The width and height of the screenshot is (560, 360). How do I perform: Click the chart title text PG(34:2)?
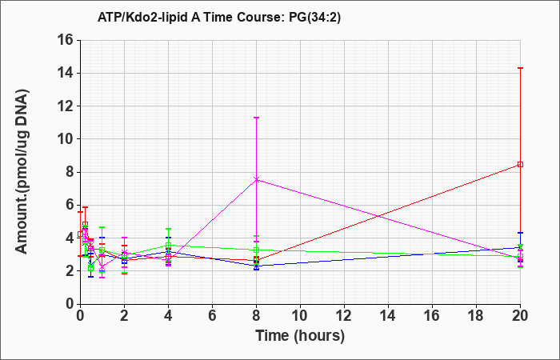point(314,18)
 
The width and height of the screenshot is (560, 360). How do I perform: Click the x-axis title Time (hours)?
point(300,336)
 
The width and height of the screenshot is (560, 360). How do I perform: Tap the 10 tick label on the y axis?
point(66,139)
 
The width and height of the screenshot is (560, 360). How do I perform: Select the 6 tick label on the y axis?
point(70,205)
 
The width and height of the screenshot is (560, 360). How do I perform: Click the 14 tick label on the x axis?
point(388,316)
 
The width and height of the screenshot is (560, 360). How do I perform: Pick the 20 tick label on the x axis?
point(520,316)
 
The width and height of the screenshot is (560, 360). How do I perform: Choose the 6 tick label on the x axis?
point(213,316)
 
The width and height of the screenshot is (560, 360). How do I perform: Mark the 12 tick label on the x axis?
point(344,316)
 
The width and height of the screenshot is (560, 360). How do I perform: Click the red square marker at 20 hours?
point(520,164)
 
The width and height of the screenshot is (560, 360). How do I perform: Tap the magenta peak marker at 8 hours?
point(257,179)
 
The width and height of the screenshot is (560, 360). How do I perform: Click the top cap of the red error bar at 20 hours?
point(520,68)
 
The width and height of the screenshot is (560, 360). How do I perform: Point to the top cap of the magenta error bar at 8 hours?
point(257,118)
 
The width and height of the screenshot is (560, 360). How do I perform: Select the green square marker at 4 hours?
point(168,245)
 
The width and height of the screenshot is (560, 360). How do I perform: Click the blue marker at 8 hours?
point(257,266)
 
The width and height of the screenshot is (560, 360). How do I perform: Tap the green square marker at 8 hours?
point(257,250)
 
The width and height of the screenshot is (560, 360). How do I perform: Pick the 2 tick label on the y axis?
point(70,271)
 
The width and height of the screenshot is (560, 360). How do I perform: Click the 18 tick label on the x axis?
point(476,316)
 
